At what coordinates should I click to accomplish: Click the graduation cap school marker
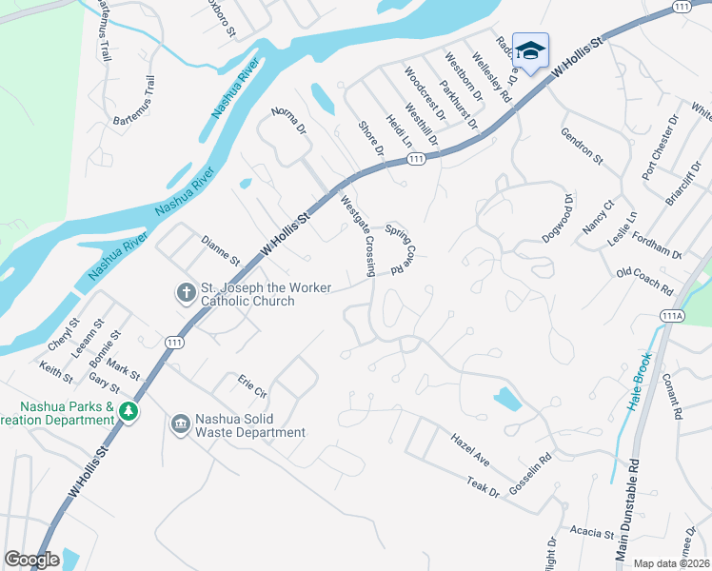pyautogui.click(x=530, y=49)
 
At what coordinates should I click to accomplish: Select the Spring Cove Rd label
pyautogui.click(x=404, y=249)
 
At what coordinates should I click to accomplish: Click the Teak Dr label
pyautogui.click(x=483, y=488)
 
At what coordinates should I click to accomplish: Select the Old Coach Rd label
pyautogui.click(x=644, y=281)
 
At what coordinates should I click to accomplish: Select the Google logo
pyautogui.click(x=31, y=560)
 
